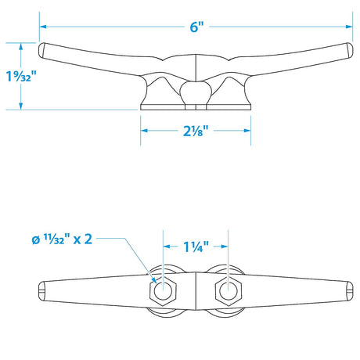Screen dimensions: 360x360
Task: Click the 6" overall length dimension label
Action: coord(196,27)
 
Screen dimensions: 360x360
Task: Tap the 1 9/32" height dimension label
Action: coord(21,76)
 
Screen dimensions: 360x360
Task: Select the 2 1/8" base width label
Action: coord(196,131)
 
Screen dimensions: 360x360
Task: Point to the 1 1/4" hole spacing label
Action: coord(196,247)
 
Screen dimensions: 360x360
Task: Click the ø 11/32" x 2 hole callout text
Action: coord(62,239)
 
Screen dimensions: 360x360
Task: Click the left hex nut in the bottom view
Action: coord(163,290)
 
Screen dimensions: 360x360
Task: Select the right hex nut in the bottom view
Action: coord(229,290)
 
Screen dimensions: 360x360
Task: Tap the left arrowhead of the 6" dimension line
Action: coord(43,27)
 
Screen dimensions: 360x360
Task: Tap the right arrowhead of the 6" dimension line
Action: coord(349,27)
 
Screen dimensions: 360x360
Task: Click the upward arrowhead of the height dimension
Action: coord(21,46)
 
